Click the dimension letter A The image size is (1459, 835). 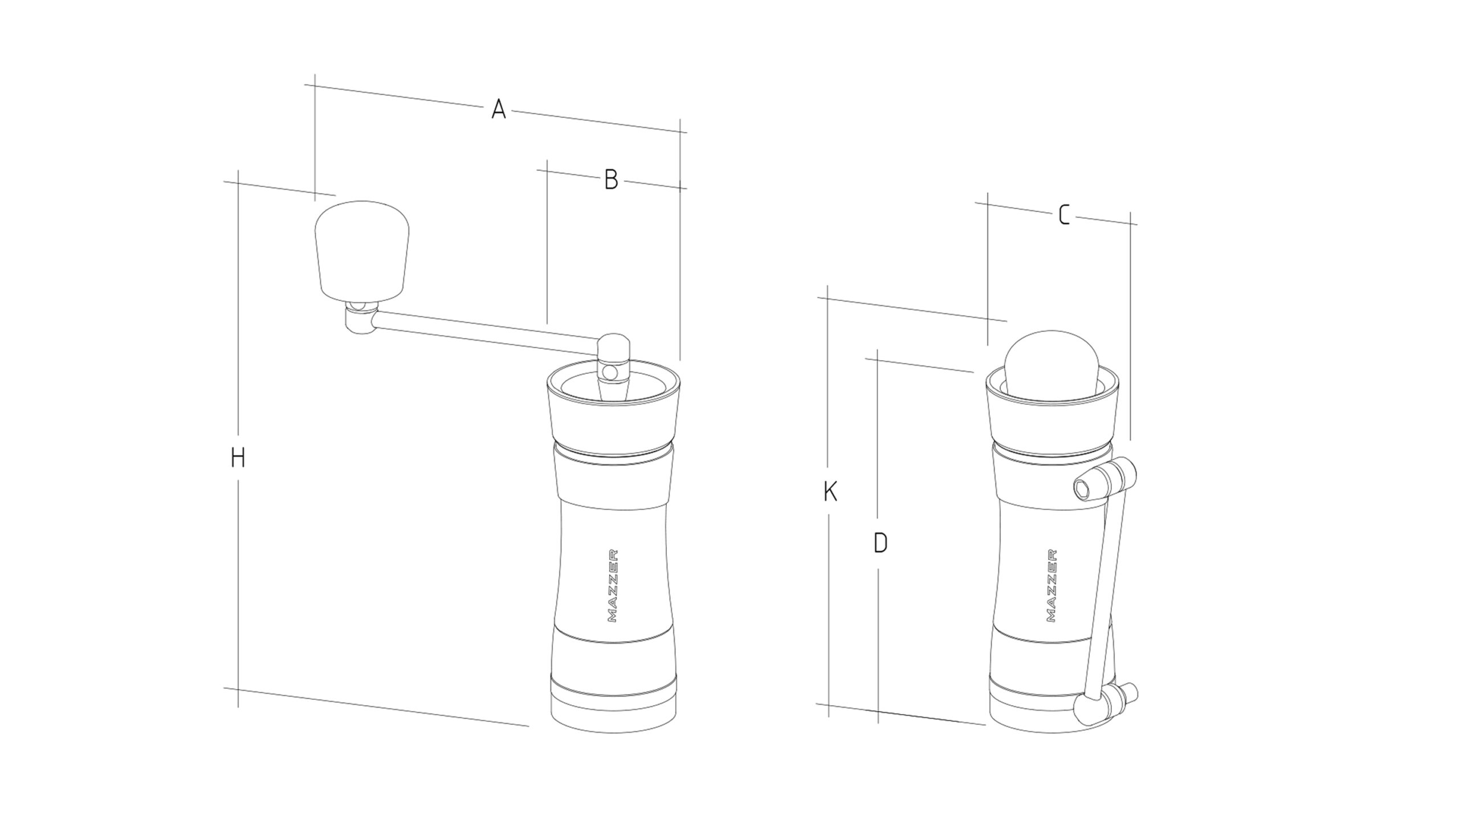(x=499, y=109)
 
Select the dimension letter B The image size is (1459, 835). (x=611, y=180)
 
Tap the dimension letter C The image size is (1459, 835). (x=1064, y=215)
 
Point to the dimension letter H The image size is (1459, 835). (x=238, y=458)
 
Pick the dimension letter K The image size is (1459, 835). (x=830, y=491)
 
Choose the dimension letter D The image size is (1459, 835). (x=881, y=543)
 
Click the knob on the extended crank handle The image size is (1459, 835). (x=362, y=251)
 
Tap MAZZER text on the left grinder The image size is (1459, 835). (x=612, y=585)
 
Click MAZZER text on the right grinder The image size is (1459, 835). (x=1052, y=585)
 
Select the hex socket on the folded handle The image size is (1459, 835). (x=1083, y=489)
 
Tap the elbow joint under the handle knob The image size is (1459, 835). (x=360, y=319)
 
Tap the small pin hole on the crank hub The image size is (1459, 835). (x=610, y=373)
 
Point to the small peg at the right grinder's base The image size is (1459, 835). (x=1129, y=693)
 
